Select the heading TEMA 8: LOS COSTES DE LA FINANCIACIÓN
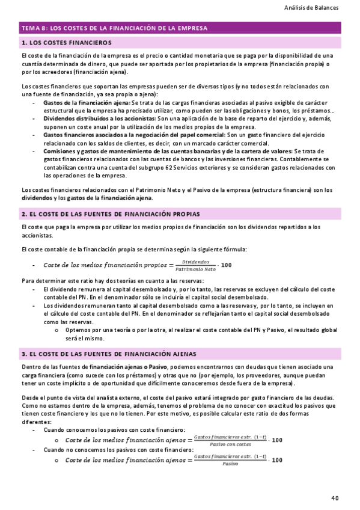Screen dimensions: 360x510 coord(115,28)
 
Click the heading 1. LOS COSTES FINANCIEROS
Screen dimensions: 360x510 coord(67,43)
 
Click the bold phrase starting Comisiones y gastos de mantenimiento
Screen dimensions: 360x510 coord(168,151)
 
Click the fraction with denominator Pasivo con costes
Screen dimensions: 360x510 coord(223,440)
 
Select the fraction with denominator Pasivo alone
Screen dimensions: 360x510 coord(223,461)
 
